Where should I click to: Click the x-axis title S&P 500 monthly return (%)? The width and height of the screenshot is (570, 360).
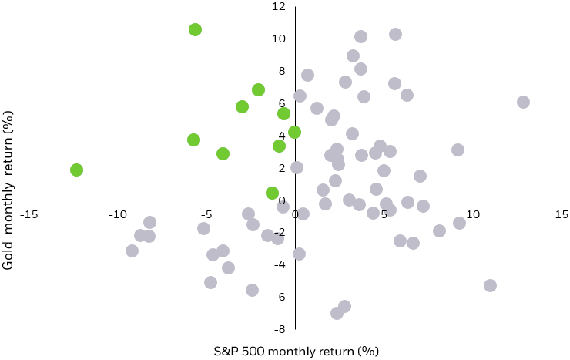[297, 352]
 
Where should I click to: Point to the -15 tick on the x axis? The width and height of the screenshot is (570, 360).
[29, 214]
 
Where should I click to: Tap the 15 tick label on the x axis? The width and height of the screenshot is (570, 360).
[561, 214]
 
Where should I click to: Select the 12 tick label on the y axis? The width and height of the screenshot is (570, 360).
[280, 6]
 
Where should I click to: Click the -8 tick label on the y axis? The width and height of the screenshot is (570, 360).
[280, 329]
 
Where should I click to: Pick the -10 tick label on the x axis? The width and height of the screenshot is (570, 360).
[118, 214]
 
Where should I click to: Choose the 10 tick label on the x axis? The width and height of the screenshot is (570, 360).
[472, 214]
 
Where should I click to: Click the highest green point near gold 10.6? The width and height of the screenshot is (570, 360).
[195, 29]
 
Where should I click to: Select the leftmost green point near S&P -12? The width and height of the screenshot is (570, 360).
[76, 170]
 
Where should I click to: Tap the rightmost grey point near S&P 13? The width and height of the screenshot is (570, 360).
[523, 102]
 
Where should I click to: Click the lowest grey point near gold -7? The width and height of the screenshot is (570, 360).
[337, 313]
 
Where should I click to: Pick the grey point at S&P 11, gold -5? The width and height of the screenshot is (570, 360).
[490, 285]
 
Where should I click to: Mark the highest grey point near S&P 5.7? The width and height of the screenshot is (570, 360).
[395, 34]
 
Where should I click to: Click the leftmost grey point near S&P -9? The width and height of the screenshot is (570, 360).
[132, 251]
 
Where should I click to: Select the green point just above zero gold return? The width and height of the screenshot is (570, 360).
[272, 193]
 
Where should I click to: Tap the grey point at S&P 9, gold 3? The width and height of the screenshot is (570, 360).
[458, 150]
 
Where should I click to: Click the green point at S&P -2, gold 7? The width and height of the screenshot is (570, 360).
[258, 89]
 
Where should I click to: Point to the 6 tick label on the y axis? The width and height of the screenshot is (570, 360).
[282, 103]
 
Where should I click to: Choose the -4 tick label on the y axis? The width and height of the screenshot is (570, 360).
[280, 264]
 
